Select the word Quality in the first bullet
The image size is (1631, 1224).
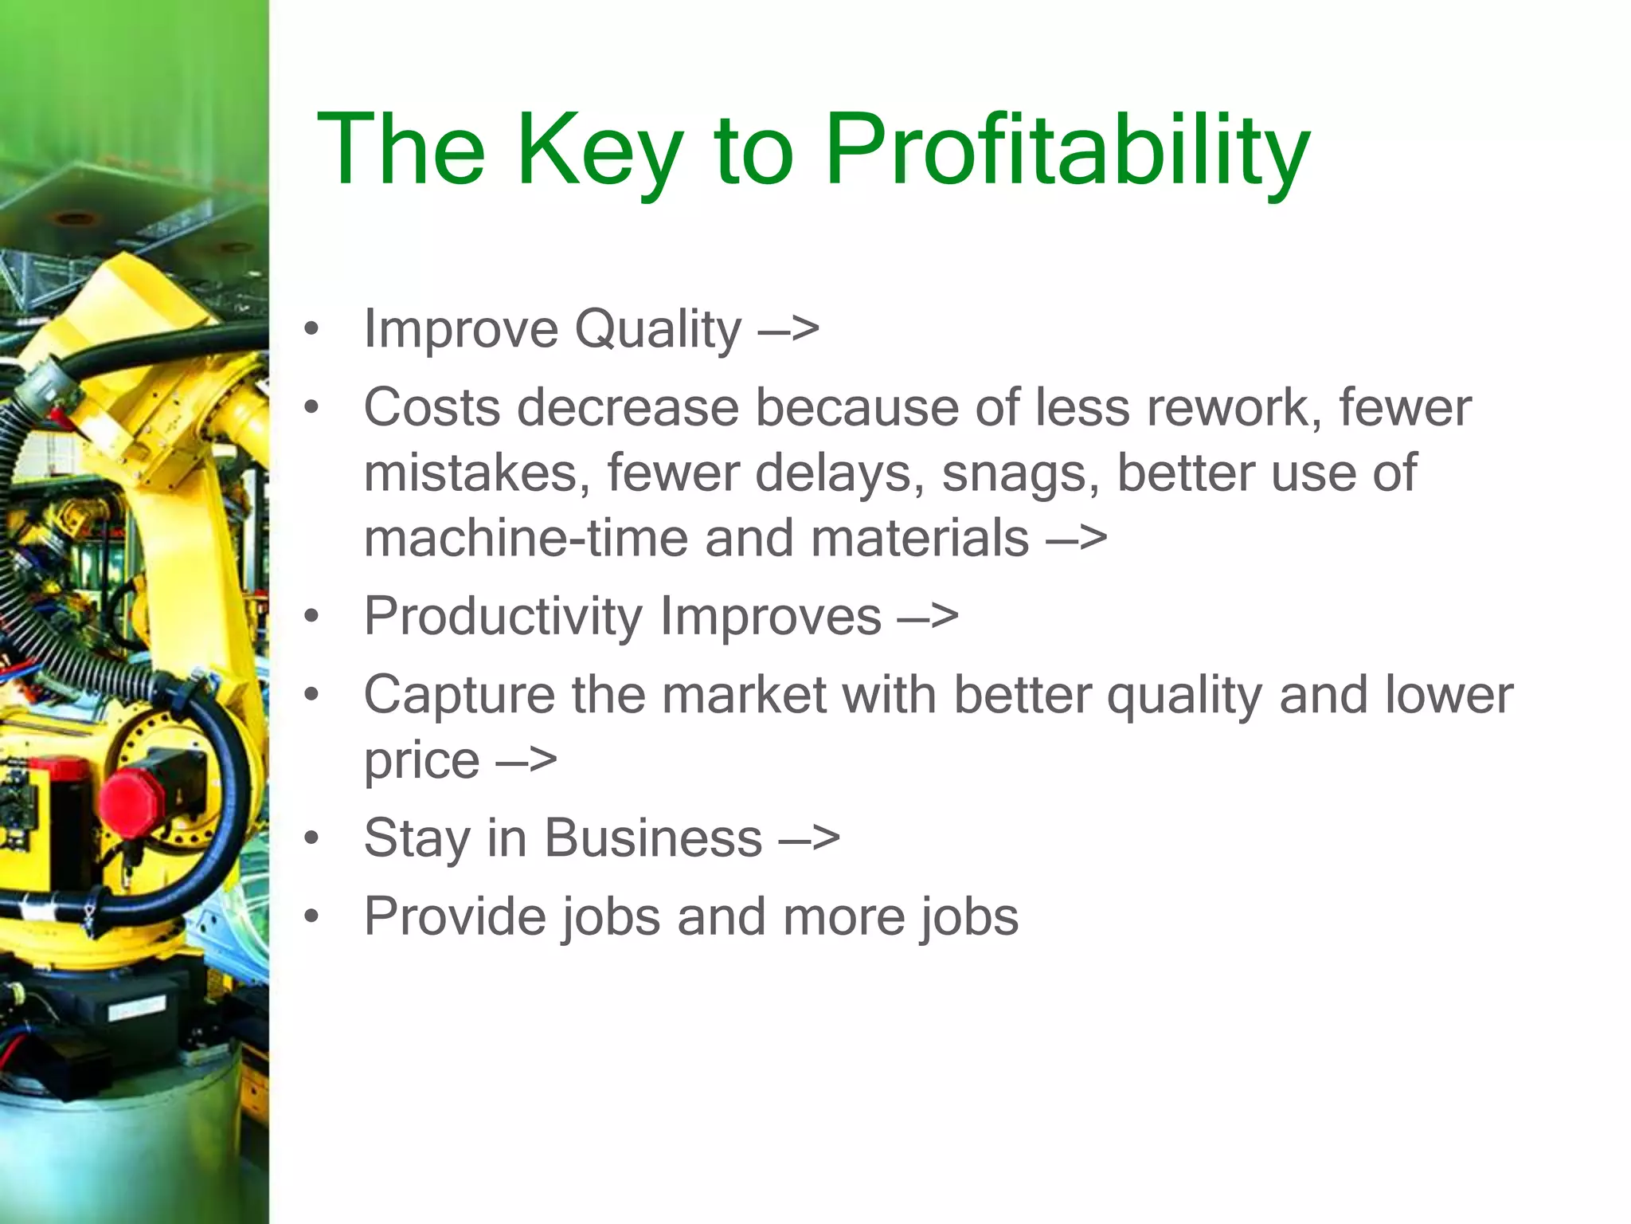[658, 329]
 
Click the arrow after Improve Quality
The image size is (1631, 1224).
[788, 329]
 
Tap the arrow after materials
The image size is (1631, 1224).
[1077, 538]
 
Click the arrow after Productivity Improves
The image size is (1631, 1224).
[929, 617]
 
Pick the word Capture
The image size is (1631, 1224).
[460, 695]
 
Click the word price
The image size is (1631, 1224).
[421, 760]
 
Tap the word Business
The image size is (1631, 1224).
[653, 838]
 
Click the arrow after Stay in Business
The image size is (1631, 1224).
[809, 838]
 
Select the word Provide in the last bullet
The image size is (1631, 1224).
[455, 916]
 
